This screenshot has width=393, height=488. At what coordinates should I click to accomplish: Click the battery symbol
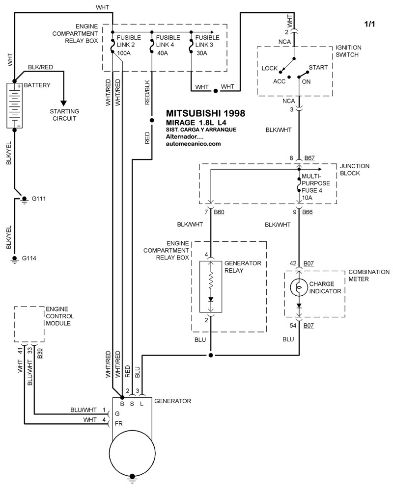[x=15, y=105]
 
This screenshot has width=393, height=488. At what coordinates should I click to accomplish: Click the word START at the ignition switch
[x=318, y=67]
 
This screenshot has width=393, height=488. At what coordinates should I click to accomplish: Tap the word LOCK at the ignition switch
[x=271, y=68]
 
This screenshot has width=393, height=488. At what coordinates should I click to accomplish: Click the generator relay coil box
[x=211, y=286]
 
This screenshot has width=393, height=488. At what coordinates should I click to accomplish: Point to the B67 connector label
[x=309, y=158]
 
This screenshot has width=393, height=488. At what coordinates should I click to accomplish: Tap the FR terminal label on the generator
[x=118, y=423]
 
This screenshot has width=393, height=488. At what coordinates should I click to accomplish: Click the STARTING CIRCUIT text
[x=64, y=115]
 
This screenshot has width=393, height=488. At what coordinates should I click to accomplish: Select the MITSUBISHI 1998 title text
[x=205, y=112]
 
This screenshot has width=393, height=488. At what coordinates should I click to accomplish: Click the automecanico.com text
[x=194, y=144]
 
